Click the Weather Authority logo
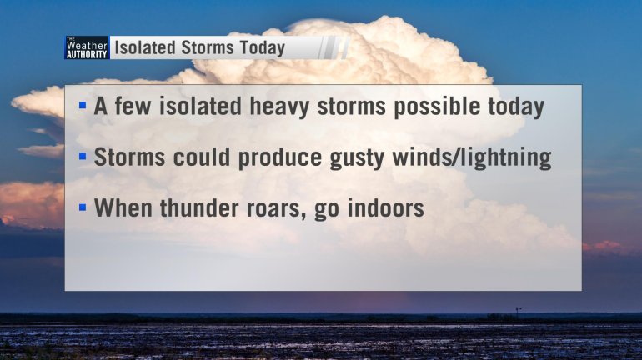(87, 47)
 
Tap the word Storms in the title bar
(208, 47)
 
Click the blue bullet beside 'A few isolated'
(83, 106)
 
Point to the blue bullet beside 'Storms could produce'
(83, 157)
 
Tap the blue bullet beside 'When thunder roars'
(83, 207)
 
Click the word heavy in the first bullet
(279, 107)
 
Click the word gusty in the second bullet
(357, 158)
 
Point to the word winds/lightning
(472, 157)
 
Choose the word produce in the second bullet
(280, 158)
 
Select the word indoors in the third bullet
(385, 207)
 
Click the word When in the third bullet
(123, 207)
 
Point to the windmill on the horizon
(518, 312)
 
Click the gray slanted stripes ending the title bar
(334, 47)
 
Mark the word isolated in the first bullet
(201, 106)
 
